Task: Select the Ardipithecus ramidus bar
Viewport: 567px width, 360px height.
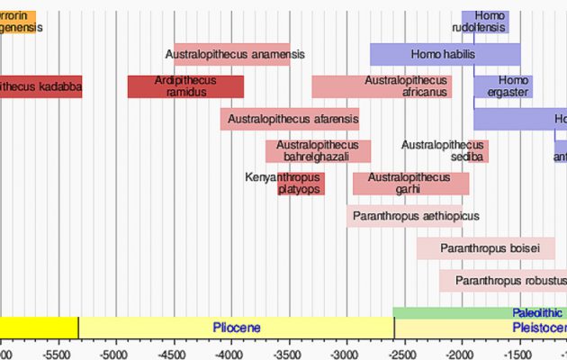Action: pos(185,86)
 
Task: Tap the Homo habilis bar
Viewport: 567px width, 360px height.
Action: pos(445,54)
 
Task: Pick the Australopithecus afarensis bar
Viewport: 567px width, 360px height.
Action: pos(290,119)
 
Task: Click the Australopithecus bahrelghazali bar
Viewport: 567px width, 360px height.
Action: pos(318,151)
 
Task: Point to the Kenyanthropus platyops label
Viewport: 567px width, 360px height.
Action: pos(283,184)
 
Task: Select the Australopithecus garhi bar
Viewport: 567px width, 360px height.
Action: pos(410,184)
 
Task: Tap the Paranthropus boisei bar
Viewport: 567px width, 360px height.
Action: pos(490,247)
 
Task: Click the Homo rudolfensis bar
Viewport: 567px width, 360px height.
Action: pos(485,22)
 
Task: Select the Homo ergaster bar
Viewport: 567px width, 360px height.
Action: pos(503,86)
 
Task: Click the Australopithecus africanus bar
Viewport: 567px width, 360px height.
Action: pos(382,86)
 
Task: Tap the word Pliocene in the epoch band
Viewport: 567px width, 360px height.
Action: pos(236,328)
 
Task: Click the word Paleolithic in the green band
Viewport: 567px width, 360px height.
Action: pos(537,313)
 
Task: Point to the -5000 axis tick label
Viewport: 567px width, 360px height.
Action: pos(114,354)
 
